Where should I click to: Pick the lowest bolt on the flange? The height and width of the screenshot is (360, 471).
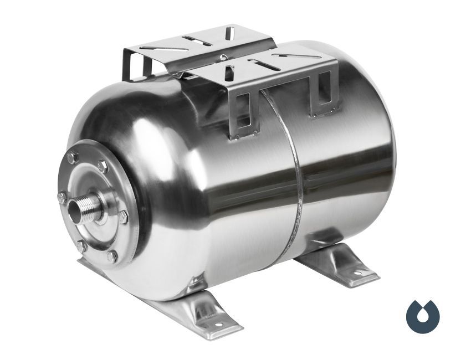point(112,256)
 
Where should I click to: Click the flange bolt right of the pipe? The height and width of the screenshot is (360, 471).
point(123,217)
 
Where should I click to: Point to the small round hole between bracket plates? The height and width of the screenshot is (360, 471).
point(222,57)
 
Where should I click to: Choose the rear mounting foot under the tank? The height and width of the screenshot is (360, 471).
point(338,263)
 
